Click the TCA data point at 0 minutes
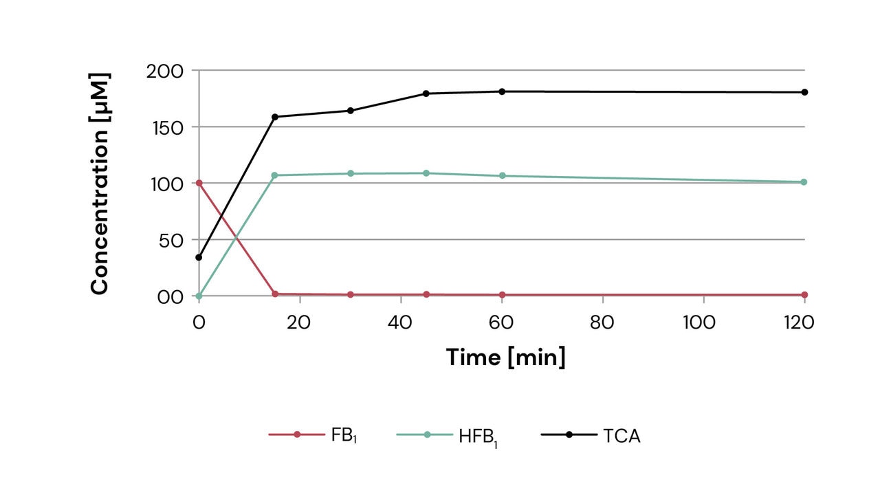tap(199, 257)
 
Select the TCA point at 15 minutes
tap(275, 117)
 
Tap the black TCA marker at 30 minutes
tap(351, 111)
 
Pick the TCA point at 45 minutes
tap(426, 93)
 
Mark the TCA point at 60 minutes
tap(502, 91)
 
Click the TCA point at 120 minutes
tap(804, 92)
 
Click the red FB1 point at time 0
tap(199, 183)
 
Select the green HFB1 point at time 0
tap(199, 296)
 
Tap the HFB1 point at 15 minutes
tap(275, 175)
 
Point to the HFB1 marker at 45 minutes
tap(426, 173)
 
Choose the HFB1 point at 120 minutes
tap(804, 182)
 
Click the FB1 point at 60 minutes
tap(502, 295)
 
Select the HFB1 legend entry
tap(447, 435)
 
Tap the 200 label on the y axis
tap(165, 71)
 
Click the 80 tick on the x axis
tap(602, 322)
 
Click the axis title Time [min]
tap(505, 357)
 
